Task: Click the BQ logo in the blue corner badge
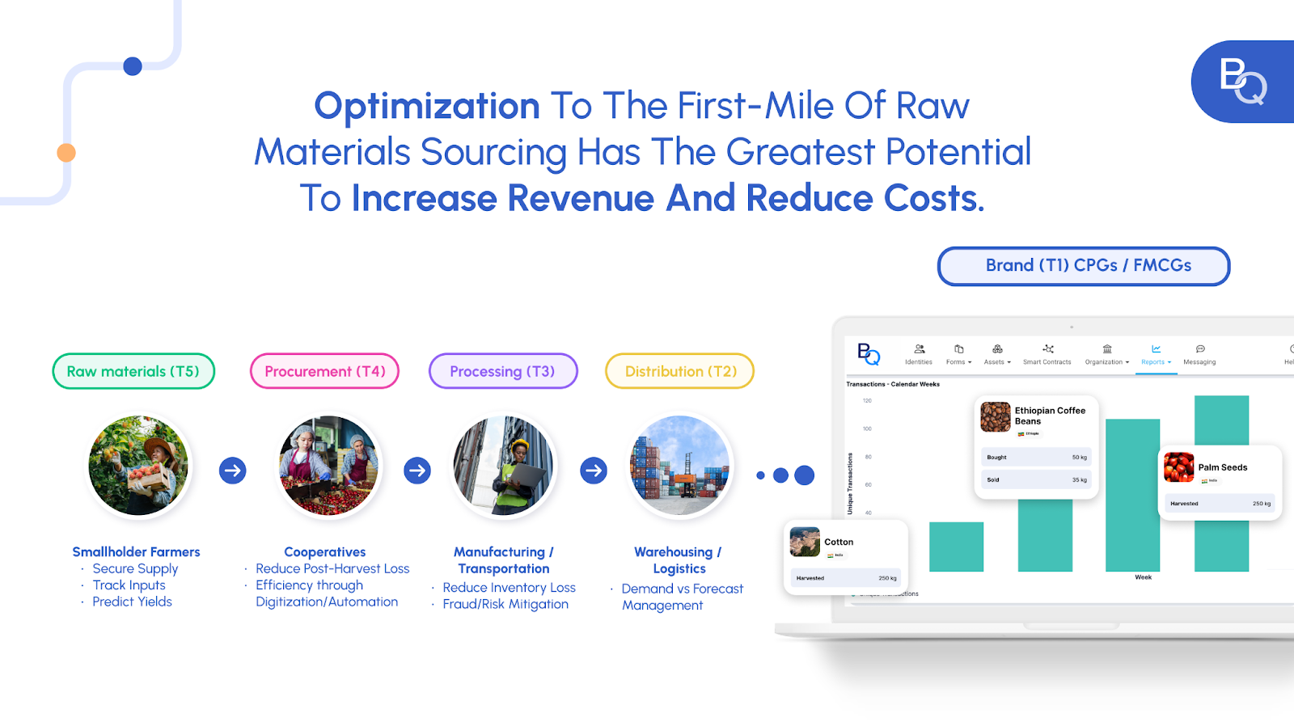[1243, 81]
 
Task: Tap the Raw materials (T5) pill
[133, 371]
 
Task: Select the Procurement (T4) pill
[324, 371]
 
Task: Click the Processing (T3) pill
[502, 371]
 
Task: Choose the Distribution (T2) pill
[680, 371]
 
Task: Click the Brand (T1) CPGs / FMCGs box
[1084, 266]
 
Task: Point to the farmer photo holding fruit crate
[138, 466]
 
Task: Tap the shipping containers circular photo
[680, 466]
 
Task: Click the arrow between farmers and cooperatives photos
[233, 470]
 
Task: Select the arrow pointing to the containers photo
[594, 470]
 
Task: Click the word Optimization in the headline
[426, 106]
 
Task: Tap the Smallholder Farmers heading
[136, 552]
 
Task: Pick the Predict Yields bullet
[132, 601]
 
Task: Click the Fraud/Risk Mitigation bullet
[505, 604]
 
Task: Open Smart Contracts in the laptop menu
[1047, 355]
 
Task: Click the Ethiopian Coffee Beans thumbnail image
[996, 416]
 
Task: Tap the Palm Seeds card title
[1223, 467]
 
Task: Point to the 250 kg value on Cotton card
[887, 578]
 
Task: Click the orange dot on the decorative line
[66, 152]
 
